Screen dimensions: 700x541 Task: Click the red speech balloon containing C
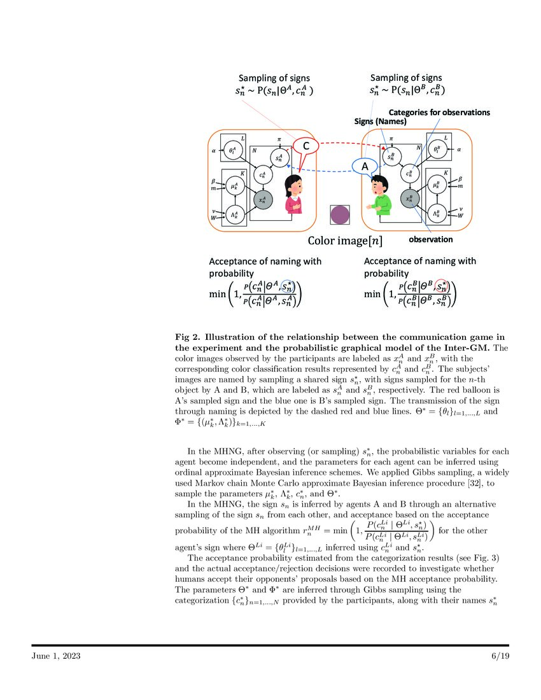[306, 146]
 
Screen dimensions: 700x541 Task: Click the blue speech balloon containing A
[365, 166]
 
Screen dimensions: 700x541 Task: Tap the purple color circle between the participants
[339, 216]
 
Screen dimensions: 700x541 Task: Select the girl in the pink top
[294, 192]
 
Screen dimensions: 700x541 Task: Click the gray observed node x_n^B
[410, 199]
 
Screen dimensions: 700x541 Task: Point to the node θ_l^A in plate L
[232, 150]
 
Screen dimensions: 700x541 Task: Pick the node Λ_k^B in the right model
[437, 214]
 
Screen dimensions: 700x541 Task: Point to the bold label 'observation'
[430, 240]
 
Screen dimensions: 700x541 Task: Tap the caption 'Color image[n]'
[345, 241]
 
